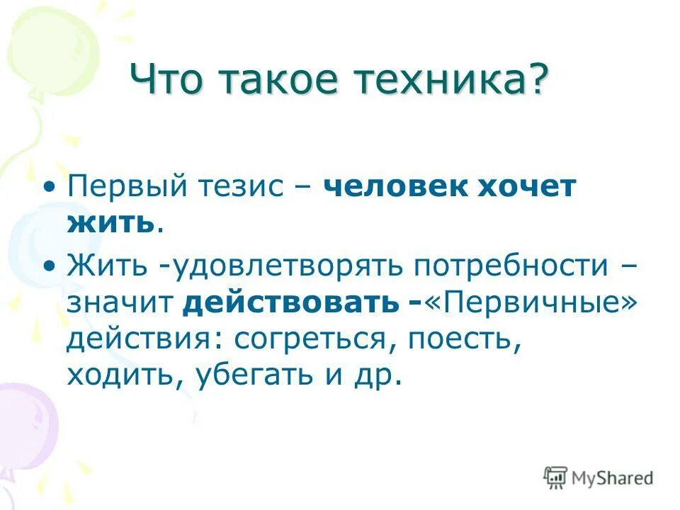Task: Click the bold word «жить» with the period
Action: pos(113,223)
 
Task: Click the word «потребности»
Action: pos(511,267)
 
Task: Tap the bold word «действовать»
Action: pos(290,303)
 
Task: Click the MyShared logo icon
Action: pos(556,478)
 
